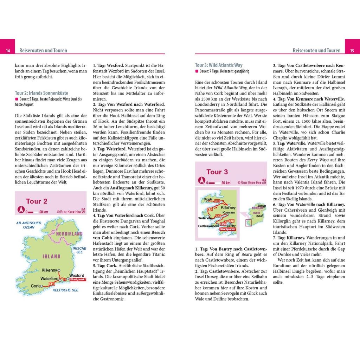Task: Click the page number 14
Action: click(7, 51)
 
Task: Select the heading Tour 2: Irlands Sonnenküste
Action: click(41, 94)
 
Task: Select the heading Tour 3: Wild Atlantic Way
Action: click(219, 65)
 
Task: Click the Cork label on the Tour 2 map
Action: click(35, 286)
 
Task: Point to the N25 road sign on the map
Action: click(52, 283)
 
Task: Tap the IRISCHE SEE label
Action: click(79, 250)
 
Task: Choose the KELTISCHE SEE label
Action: click(65, 290)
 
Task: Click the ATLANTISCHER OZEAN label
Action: click(29, 225)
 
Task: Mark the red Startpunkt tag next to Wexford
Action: click(78, 279)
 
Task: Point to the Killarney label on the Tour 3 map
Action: click(229, 207)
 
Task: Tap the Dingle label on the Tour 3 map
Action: click(208, 199)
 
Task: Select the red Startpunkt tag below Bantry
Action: click(227, 229)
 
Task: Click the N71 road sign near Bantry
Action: click(232, 221)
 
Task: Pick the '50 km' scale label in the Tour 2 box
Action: click(44, 212)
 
